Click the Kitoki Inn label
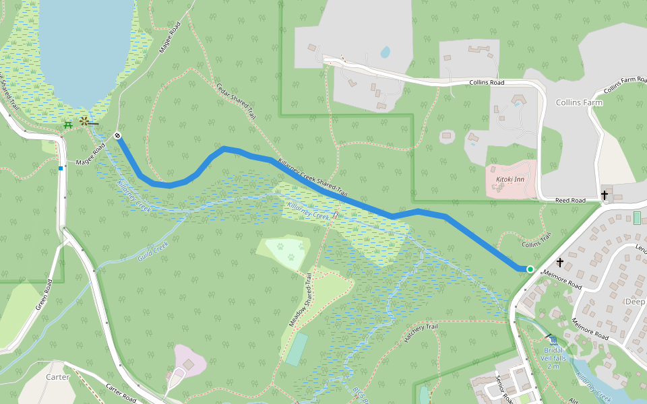click(510, 179)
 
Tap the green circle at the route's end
click(530, 269)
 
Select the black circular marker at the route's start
click(117, 135)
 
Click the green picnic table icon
click(67, 125)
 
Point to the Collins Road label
click(487, 83)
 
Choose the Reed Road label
click(569, 200)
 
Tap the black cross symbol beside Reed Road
click(605, 196)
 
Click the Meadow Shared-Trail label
click(301, 300)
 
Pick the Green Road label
click(44, 296)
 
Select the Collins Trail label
click(536, 240)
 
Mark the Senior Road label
click(505, 389)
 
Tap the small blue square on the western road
click(61, 168)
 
